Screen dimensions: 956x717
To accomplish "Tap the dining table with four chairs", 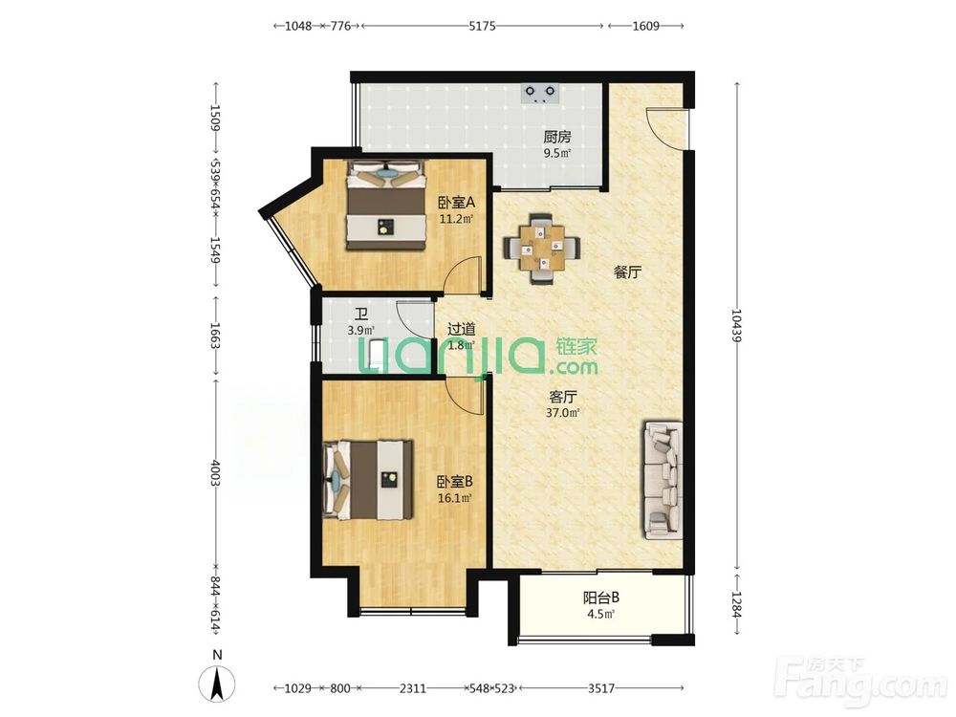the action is click(541, 248).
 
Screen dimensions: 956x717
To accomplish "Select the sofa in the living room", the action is click(662, 481).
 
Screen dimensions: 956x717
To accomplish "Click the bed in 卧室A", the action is click(386, 205).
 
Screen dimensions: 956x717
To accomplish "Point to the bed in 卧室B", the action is click(368, 480).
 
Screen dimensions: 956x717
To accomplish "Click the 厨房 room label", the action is click(557, 137).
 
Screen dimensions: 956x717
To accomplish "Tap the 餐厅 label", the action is click(627, 272).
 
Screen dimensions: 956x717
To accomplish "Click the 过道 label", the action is click(462, 329).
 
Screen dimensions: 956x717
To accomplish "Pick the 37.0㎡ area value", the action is click(562, 413).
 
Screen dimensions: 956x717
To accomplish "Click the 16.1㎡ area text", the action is click(455, 498).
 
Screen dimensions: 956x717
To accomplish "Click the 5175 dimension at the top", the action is click(482, 26).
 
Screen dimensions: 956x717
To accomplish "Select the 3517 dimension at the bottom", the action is click(601, 688).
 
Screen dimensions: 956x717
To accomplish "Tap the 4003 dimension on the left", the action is click(215, 472).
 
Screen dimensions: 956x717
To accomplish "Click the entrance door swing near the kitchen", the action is click(666, 128).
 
